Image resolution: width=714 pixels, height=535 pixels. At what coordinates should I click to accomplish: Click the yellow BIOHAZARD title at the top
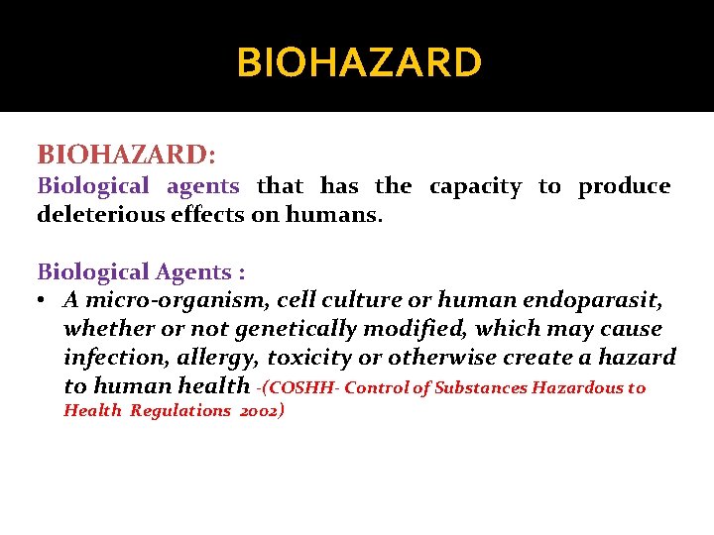click(x=359, y=63)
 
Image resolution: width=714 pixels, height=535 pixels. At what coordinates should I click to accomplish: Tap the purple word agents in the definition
click(x=202, y=186)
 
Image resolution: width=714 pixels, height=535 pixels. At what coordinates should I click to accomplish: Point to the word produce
click(x=624, y=186)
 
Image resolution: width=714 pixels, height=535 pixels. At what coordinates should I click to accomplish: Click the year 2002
click(x=262, y=411)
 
